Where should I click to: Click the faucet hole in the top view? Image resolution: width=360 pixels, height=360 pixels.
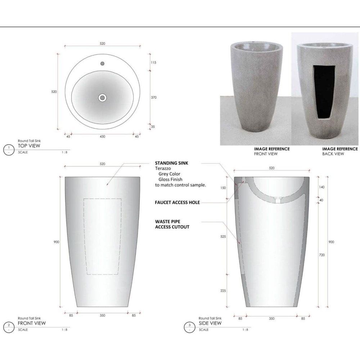pyautogui.click(x=103, y=64)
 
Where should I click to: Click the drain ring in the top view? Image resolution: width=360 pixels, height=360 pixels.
pyautogui.click(x=103, y=97)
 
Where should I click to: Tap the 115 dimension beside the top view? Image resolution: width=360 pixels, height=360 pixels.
pyautogui.click(x=153, y=62)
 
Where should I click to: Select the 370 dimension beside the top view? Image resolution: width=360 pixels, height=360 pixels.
pyautogui.click(x=153, y=97)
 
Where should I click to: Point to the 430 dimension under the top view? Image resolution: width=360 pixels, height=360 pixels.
pyautogui.click(x=103, y=136)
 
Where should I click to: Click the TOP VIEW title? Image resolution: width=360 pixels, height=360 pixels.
pyautogui.click(x=29, y=146)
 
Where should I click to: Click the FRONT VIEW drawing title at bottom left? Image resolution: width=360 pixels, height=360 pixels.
pyautogui.click(x=32, y=323)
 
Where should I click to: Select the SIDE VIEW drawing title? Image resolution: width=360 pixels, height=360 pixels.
pyautogui.click(x=211, y=323)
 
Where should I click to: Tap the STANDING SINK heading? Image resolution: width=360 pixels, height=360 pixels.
pyautogui.click(x=171, y=163)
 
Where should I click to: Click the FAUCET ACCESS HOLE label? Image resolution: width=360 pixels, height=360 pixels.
pyautogui.click(x=177, y=203)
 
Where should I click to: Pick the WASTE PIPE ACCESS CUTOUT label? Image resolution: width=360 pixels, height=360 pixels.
pyautogui.click(x=172, y=224)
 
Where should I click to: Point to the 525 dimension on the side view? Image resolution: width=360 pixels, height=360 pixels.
pyautogui.click(x=223, y=237)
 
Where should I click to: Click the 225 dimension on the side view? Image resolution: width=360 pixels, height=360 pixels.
pyautogui.click(x=223, y=291)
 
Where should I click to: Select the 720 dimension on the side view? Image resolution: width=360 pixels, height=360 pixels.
pyautogui.click(x=322, y=255)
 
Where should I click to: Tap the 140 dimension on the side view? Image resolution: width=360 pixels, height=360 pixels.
pyautogui.click(x=322, y=187)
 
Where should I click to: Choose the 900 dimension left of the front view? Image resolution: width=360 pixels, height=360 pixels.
pyautogui.click(x=57, y=242)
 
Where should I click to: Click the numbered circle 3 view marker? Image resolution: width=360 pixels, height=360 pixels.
pyautogui.click(x=190, y=326)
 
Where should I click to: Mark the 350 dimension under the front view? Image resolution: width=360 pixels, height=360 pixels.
pyautogui.click(x=103, y=316)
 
